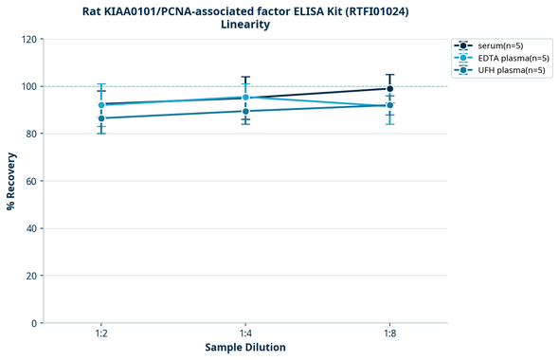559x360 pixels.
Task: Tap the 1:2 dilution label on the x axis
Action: coord(101,334)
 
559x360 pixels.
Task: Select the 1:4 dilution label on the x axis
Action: coord(245,334)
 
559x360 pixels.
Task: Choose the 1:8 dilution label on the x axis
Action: coord(389,334)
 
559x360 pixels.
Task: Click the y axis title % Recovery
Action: coord(11,181)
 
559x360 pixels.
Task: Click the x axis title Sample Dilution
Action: coord(245,348)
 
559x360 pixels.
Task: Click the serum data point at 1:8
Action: coord(389,89)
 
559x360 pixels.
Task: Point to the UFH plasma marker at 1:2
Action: coord(101,118)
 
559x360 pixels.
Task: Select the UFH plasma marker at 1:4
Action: coord(245,111)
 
